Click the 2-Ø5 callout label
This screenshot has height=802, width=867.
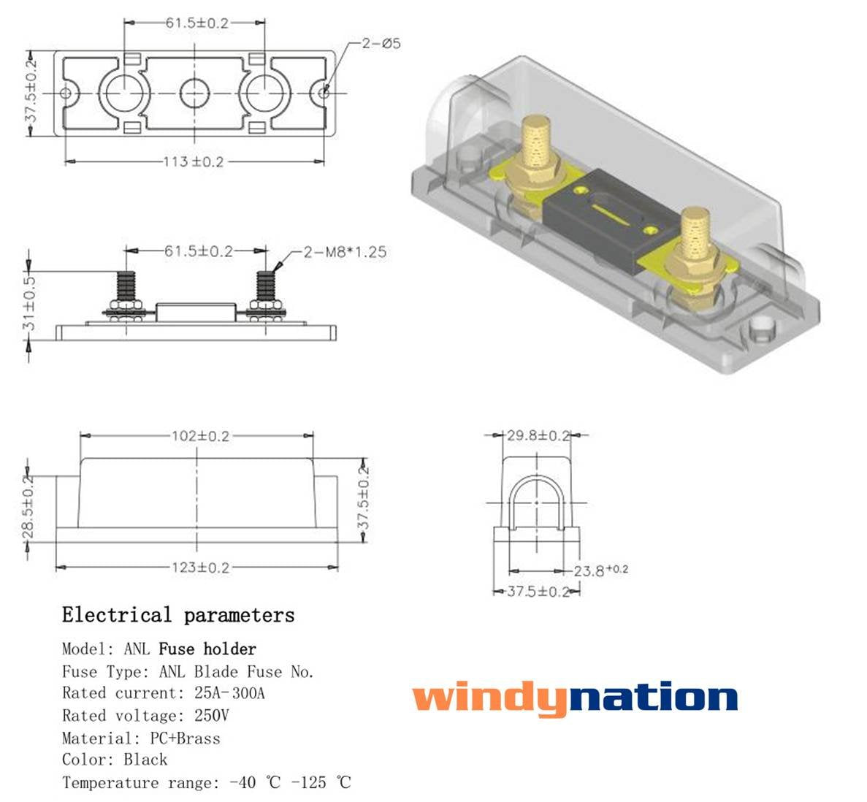tap(381, 44)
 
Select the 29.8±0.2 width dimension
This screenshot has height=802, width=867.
tap(538, 436)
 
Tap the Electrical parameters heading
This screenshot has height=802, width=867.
tap(178, 615)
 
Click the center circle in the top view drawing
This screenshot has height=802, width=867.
tap(194, 93)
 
